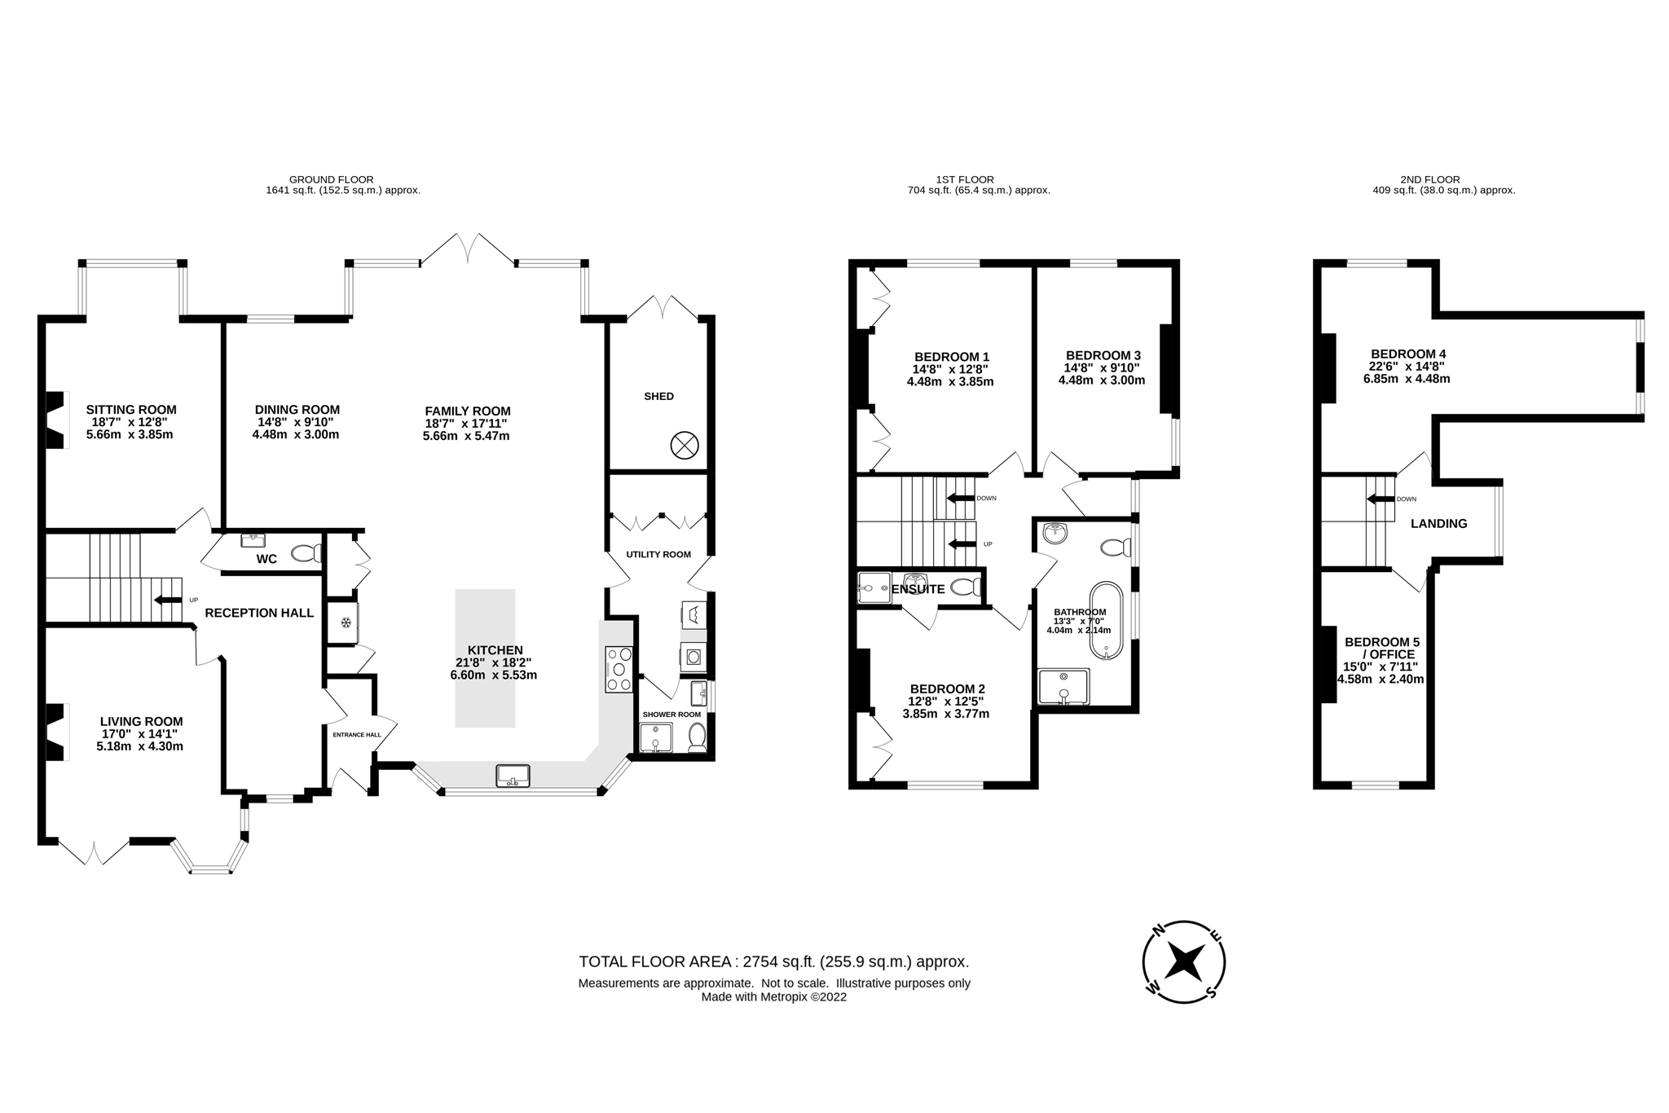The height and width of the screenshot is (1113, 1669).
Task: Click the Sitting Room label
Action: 131,410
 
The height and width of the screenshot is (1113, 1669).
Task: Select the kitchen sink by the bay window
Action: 513,775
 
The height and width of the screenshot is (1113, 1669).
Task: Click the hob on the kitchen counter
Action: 619,669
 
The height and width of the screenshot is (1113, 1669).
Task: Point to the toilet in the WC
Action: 306,553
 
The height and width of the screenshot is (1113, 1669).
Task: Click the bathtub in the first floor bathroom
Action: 1106,619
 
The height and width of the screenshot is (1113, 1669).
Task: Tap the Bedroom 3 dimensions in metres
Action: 1102,381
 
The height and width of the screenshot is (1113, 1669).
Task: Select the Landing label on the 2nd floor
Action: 1438,524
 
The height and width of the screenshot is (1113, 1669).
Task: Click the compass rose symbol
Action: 1183,962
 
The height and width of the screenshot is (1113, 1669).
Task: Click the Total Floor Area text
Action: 773,961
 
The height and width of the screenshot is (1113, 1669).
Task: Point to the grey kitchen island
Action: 485,658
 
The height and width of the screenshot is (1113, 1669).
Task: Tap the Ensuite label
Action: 918,589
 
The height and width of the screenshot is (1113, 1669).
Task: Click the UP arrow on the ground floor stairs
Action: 169,600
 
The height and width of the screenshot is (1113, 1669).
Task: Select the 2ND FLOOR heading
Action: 1430,179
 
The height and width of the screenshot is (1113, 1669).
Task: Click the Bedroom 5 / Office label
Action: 1381,649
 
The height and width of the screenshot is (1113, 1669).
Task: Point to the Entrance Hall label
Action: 357,734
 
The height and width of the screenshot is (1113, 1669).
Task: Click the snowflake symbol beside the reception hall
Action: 346,623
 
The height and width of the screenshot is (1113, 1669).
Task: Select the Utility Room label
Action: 658,554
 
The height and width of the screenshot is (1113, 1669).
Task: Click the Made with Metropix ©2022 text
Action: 773,996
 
